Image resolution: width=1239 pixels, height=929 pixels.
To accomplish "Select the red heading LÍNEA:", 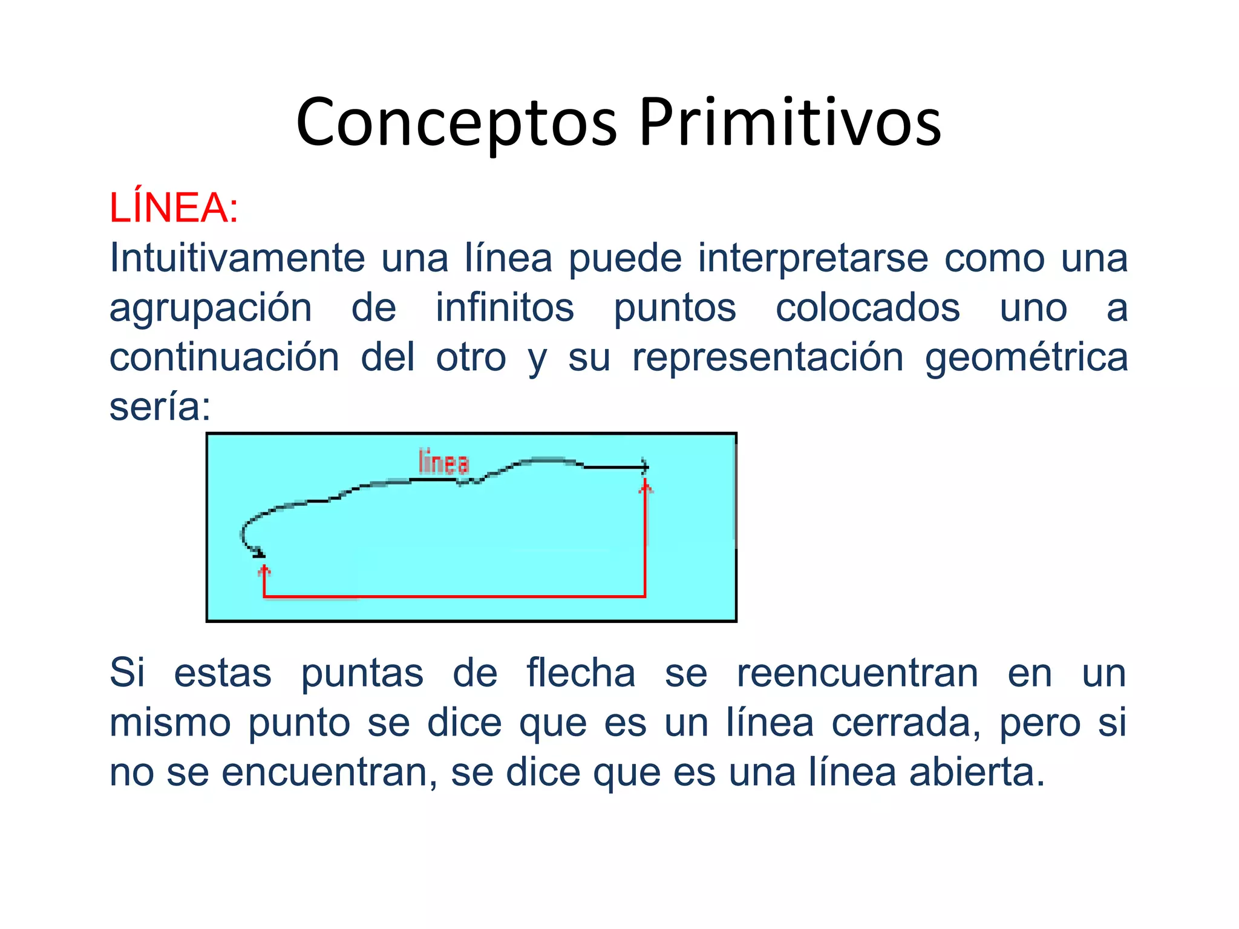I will [174, 208].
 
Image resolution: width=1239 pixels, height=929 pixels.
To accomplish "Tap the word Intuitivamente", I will [237, 258].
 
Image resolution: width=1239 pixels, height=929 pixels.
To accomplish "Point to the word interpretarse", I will [813, 258].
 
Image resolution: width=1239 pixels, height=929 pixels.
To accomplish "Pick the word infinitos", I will [505, 308].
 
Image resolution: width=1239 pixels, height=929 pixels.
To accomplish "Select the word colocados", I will [868, 308].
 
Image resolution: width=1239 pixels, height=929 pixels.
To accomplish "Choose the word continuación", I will [224, 357].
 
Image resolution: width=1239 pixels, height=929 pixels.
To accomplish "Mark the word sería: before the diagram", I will [160, 407].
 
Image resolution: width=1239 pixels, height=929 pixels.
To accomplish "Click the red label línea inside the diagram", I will [443, 463].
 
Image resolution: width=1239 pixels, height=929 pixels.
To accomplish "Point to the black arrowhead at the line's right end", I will [645, 467].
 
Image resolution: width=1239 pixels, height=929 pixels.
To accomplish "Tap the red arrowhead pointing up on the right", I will [646, 486].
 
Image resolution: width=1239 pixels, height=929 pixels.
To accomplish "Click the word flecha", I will [581, 673].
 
